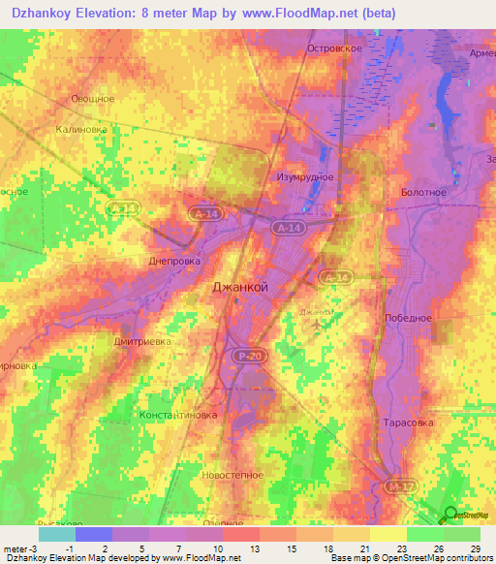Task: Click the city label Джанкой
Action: [x=239, y=288]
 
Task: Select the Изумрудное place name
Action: [x=307, y=176]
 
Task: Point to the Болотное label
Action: [x=423, y=192]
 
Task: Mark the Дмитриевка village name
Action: [x=116, y=340]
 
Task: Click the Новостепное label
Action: [x=232, y=476]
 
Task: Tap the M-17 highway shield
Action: [x=393, y=486]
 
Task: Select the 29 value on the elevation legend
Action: [x=474, y=548]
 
